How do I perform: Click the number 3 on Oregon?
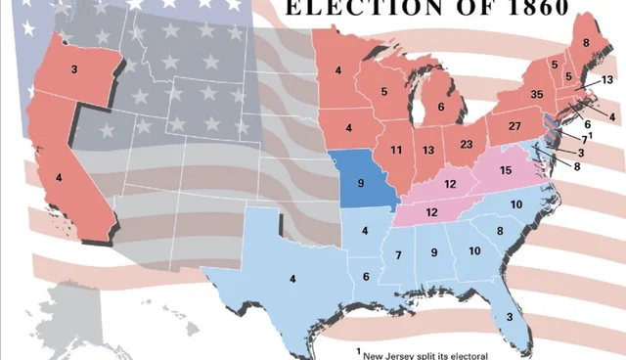pos(74,69)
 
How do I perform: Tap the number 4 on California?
pos(59,177)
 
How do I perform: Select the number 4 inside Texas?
pos(292,280)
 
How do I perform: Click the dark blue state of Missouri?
pos(361,183)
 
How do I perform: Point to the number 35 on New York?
pos(536,94)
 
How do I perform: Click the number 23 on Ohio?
pos(467,145)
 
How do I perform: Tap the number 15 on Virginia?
pos(506,171)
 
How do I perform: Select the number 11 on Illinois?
pos(396,150)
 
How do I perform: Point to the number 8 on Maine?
pos(587,43)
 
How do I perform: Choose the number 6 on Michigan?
pos(441,107)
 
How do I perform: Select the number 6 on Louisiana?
pos(366,277)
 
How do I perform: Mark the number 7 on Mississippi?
pos(399,255)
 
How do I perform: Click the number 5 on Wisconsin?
pos(384,92)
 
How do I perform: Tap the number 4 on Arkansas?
pos(364,231)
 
